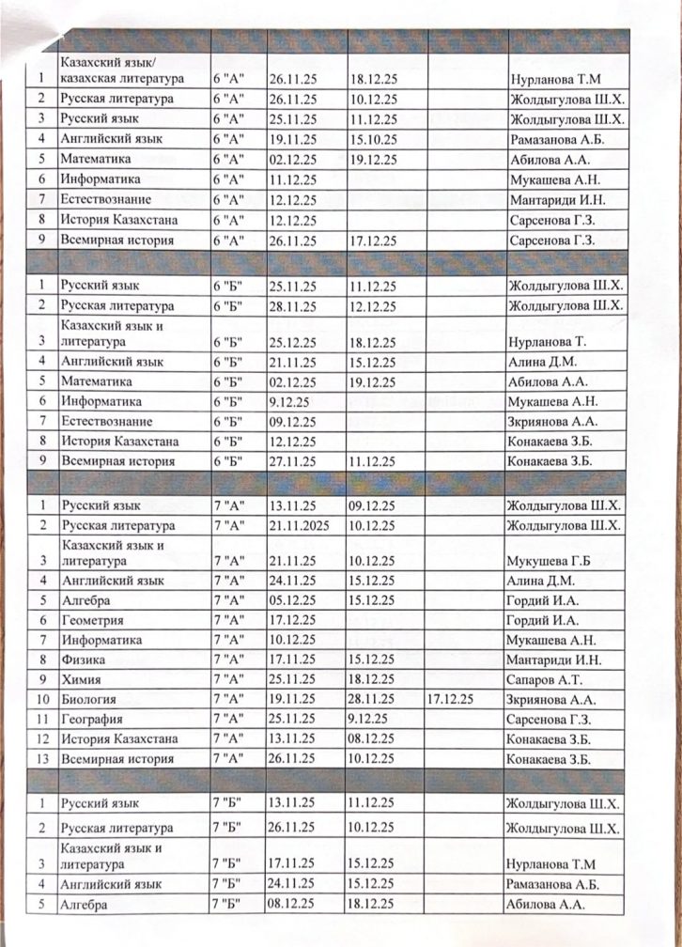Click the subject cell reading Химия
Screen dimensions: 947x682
point(80,678)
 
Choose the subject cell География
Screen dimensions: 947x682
point(92,720)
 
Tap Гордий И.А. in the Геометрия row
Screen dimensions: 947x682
point(538,620)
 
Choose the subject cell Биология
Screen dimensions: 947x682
point(88,699)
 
